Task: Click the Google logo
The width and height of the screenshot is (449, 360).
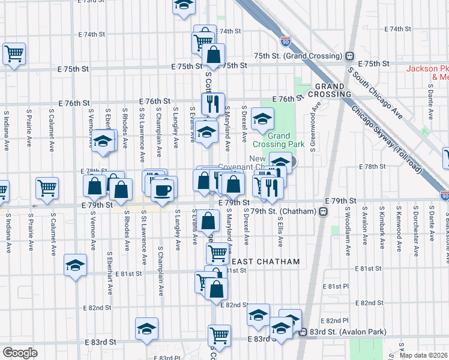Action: [x=20, y=353]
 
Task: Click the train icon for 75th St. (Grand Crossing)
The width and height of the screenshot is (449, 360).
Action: [x=349, y=56]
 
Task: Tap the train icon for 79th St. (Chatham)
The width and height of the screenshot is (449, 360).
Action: [x=323, y=211]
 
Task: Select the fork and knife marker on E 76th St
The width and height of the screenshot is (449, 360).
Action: [x=213, y=104]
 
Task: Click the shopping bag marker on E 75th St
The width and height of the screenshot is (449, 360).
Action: [x=214, y=55]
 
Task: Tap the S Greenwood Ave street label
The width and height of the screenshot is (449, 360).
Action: [x=313, y=128]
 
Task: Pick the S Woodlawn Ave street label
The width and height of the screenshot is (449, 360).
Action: [x=347, y=227]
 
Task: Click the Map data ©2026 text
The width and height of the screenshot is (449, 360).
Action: [x=424, y=355]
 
